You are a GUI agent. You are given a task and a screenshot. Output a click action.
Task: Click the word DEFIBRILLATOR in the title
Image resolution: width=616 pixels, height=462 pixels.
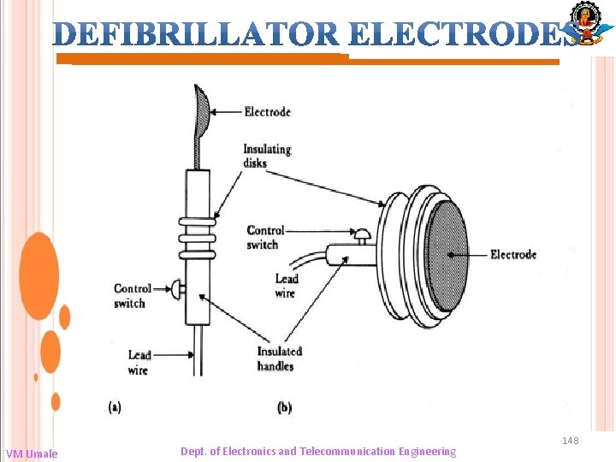point(198,33)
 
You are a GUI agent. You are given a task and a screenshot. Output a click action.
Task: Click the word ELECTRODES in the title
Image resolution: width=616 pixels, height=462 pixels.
point(462,33)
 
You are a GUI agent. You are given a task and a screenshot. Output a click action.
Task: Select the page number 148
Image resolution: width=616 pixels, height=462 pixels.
point(570,441)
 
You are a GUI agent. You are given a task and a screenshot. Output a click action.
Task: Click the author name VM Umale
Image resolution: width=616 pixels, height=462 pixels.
point(32,453)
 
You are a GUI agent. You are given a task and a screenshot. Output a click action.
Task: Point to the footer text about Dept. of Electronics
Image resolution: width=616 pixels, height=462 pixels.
point(318,451)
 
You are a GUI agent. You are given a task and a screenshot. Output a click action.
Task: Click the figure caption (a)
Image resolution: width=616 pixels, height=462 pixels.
point(115,408)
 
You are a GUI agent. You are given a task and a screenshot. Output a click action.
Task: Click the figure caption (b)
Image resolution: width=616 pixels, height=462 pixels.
point(284,408)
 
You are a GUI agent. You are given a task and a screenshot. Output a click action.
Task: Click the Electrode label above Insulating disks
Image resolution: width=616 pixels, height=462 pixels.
point(267,111)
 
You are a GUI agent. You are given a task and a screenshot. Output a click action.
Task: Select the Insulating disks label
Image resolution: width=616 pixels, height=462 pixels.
point(267,156)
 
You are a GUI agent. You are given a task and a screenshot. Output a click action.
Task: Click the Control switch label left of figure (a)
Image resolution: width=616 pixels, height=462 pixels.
point(132,296)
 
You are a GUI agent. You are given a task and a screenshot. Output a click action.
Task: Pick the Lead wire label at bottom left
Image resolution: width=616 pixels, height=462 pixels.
point(139,362)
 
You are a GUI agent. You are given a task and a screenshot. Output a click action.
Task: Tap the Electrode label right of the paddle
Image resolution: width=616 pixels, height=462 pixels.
point(513,254)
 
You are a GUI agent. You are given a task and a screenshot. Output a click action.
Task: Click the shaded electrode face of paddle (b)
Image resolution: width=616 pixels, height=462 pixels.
point(447,254)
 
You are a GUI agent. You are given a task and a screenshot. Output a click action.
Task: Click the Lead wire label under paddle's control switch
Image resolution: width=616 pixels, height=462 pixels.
point(287,286)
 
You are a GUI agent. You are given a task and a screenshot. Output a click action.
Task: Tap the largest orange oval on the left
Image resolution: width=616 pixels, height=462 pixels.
point(38,275)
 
